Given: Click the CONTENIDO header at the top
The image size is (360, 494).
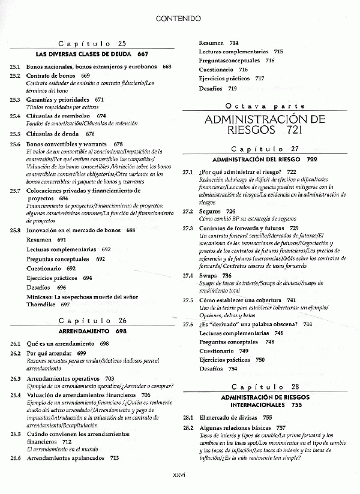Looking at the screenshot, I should tap(178, 19).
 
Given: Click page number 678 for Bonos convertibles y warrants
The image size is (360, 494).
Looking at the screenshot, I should tap(118, 144).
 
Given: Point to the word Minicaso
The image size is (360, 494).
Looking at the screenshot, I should tap(40, 297).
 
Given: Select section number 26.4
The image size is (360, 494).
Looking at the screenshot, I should tap(16, 396).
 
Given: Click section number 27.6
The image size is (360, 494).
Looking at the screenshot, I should tap(188, 324).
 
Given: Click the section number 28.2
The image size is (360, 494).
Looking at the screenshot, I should tap(188, 428).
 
